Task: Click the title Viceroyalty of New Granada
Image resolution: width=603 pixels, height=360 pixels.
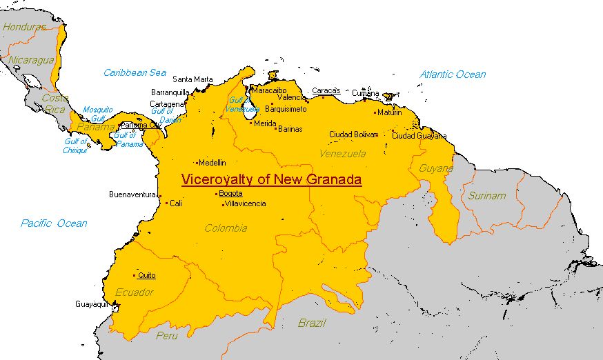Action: point(271,180)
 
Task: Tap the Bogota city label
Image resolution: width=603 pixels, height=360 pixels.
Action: point(230,194)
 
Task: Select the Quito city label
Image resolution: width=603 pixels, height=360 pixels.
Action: point(146,275)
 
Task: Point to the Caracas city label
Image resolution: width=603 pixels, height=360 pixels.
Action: point(326,90)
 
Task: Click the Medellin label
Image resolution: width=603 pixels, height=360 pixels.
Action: point(212,163)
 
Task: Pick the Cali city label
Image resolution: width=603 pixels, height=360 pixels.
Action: point(176,203)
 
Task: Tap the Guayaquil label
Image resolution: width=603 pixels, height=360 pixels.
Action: point(92,304)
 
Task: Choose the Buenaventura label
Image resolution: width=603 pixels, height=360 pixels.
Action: point(133,194)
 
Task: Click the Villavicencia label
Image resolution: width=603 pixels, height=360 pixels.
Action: point(245,203)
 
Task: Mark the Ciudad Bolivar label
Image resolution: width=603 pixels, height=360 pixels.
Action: point(353,134)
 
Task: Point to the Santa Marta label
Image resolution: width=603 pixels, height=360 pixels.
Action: point(192,79)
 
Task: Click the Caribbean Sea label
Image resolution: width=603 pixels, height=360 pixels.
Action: point(135,72)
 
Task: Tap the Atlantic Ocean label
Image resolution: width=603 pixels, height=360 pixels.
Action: point(453,74)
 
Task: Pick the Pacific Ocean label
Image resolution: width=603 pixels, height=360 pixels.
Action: point(54,223)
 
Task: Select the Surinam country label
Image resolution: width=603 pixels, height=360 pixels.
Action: point(486,196)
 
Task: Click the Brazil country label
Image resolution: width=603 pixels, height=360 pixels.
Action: point(312,323)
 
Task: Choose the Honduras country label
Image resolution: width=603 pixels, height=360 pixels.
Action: point(23,27)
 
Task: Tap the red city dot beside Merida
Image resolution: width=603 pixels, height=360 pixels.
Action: point(250,123)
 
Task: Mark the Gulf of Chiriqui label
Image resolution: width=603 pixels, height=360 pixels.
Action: point(75,146)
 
